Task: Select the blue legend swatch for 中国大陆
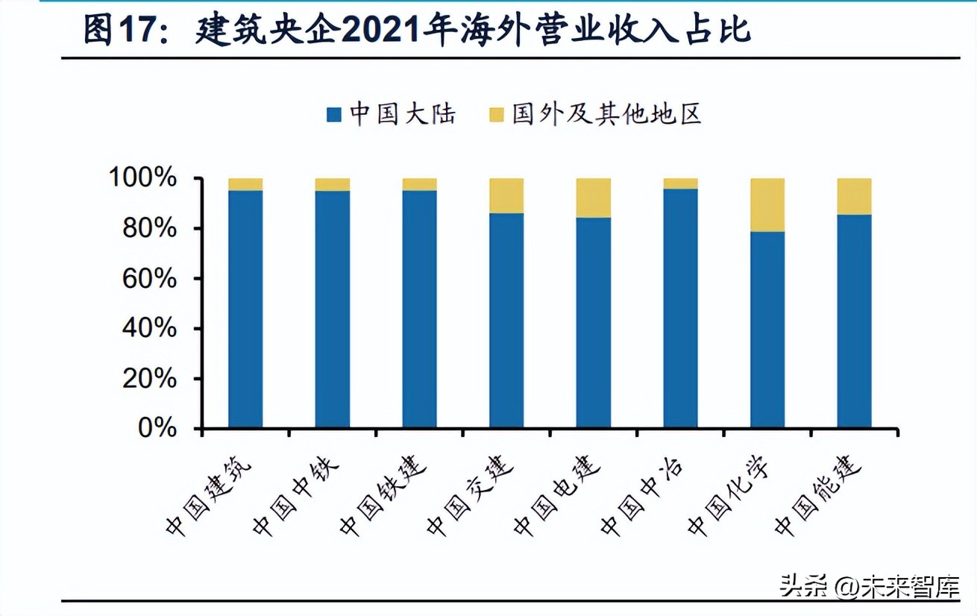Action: click(x=333, y=115)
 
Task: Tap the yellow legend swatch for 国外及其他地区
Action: click(x=497, y=115)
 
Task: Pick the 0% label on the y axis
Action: click(x=157, y=429)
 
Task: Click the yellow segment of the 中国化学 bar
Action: click(x=767, y=205)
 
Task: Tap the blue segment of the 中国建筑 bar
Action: click(x=245, y=309)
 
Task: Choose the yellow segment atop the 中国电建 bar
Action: click(x=594, y=198)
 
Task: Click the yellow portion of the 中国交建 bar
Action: click(x=506, y=195)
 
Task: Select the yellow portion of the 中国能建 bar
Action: click(x=854, y=196)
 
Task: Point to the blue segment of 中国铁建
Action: click(x=419, y=309)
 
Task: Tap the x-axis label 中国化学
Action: click(x=731, y=496)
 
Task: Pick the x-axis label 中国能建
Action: click(x=818, y=496)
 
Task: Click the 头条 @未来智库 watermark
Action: click(x=870, y=586)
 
